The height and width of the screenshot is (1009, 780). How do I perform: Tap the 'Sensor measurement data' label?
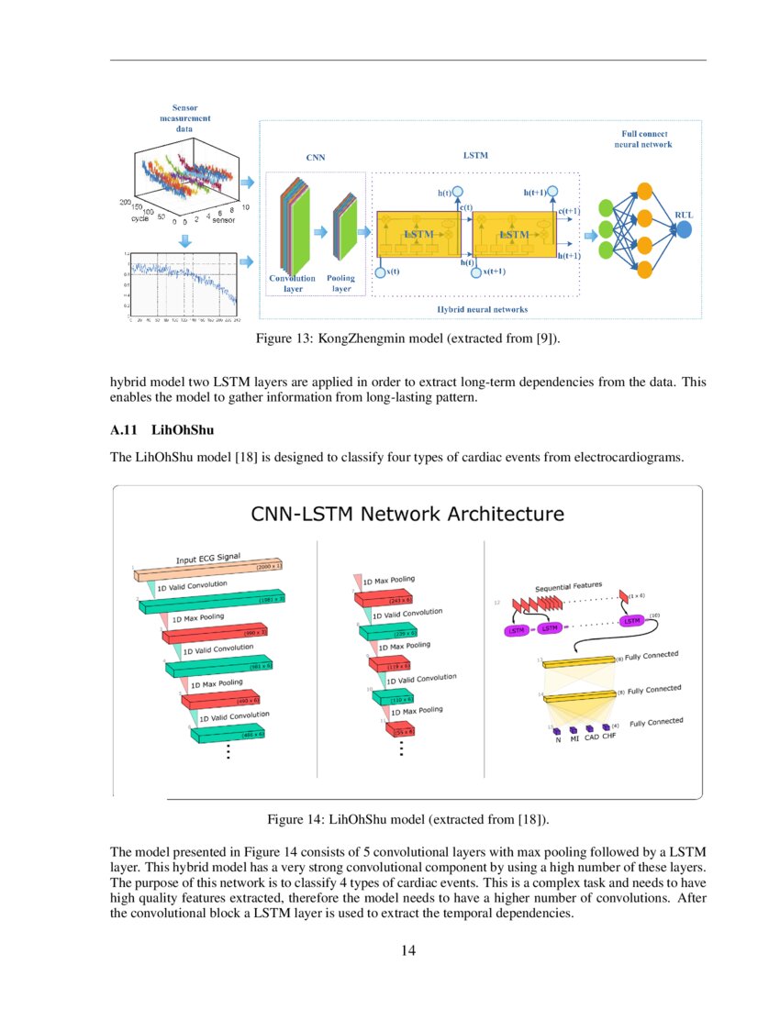(184, 118)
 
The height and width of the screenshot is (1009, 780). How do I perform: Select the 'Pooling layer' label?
(341, 283)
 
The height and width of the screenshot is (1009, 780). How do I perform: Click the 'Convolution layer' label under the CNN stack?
(292, 283)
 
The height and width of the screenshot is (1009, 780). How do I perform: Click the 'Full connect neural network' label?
(643, 139)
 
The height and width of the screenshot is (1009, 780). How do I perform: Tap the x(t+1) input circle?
(475, 272)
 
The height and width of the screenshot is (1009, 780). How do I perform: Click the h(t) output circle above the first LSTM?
(457, 193)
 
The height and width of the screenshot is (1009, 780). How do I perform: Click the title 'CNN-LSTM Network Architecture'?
(407, 514)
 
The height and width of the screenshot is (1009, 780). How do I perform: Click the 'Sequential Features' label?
(568, 584)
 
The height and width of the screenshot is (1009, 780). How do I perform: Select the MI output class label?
(574, 738)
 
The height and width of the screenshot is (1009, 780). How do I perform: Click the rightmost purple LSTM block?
(631, 621)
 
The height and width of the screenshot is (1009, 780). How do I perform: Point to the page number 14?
(408, 950)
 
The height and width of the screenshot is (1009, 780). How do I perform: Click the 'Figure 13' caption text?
(407, 339)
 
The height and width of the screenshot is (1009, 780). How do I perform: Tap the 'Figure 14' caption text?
(407, 818)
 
